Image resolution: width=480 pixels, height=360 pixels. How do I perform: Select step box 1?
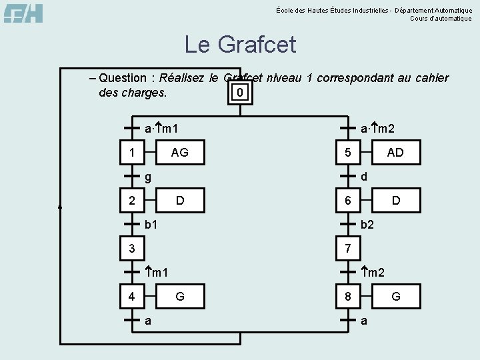click(132, 153)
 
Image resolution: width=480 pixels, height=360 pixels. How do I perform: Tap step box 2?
click(132, 200)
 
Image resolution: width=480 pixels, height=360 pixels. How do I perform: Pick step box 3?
click(132, 249)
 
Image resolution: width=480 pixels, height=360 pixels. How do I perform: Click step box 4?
click(132, 296)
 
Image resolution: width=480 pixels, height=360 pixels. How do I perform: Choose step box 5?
click(347, 153)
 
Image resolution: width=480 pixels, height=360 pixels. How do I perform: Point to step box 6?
click(347, 200)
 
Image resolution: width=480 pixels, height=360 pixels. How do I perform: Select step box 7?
click(347, 249)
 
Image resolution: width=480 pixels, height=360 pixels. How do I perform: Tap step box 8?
click(347, 296)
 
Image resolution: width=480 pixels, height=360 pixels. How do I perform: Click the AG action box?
click(179, 153)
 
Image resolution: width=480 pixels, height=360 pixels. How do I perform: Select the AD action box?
click(395, 153)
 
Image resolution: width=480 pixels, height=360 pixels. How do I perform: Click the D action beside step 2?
click(179, 200)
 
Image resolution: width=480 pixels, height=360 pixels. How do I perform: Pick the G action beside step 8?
click(395, 296)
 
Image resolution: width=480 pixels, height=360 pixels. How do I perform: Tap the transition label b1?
click(152, 225)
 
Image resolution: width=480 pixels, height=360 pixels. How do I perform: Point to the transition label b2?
click(367, 225)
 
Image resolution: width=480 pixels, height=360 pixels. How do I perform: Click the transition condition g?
click(149, 177)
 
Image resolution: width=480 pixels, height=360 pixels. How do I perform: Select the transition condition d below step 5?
click(364, 176)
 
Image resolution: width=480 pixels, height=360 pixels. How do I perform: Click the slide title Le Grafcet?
click(240, 45)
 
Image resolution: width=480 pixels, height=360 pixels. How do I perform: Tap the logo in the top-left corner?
click(23, 13)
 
